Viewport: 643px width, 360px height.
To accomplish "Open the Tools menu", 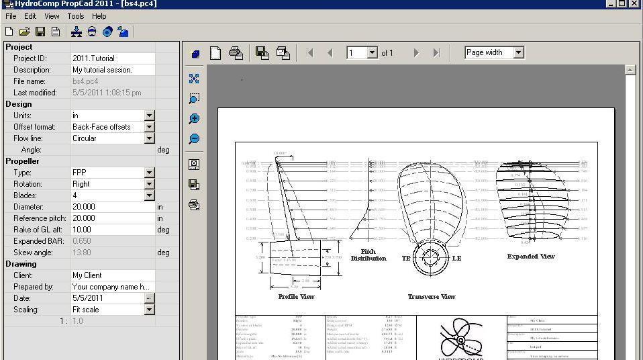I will point(76,16).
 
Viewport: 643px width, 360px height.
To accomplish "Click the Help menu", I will point(99,16).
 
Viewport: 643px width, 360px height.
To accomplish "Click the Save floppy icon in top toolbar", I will point(40,32).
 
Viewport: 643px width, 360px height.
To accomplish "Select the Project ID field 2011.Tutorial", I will point(113,58).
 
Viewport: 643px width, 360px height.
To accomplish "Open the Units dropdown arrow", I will point(150,116).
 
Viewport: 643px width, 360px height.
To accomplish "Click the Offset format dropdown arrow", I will point(150,127).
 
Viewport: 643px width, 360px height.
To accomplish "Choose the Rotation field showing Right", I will point(108,184).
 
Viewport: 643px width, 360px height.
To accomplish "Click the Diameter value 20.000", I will point(113,207).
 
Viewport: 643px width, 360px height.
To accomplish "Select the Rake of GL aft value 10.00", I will point(113,230).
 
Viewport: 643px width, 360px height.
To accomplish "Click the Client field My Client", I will point(113,275).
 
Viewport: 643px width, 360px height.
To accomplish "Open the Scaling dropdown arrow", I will point(150,310).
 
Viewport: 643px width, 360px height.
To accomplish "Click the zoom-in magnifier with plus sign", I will point(194,119).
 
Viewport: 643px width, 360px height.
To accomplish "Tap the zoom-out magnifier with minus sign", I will point(194,139).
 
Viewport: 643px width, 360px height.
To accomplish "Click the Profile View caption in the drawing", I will point(297,296).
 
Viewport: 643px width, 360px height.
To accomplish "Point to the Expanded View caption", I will point(531,257).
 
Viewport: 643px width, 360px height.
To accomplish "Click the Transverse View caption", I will point(432,296).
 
